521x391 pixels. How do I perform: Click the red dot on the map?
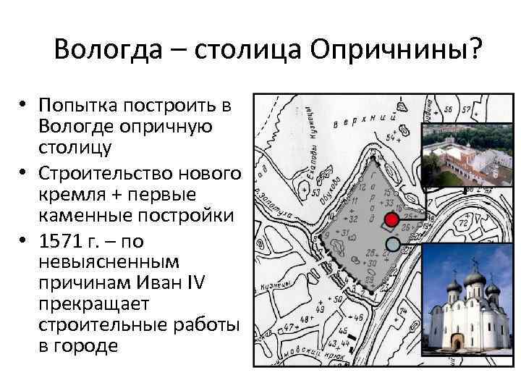pos(391,219)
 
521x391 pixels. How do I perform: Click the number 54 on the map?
pos(392,137)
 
